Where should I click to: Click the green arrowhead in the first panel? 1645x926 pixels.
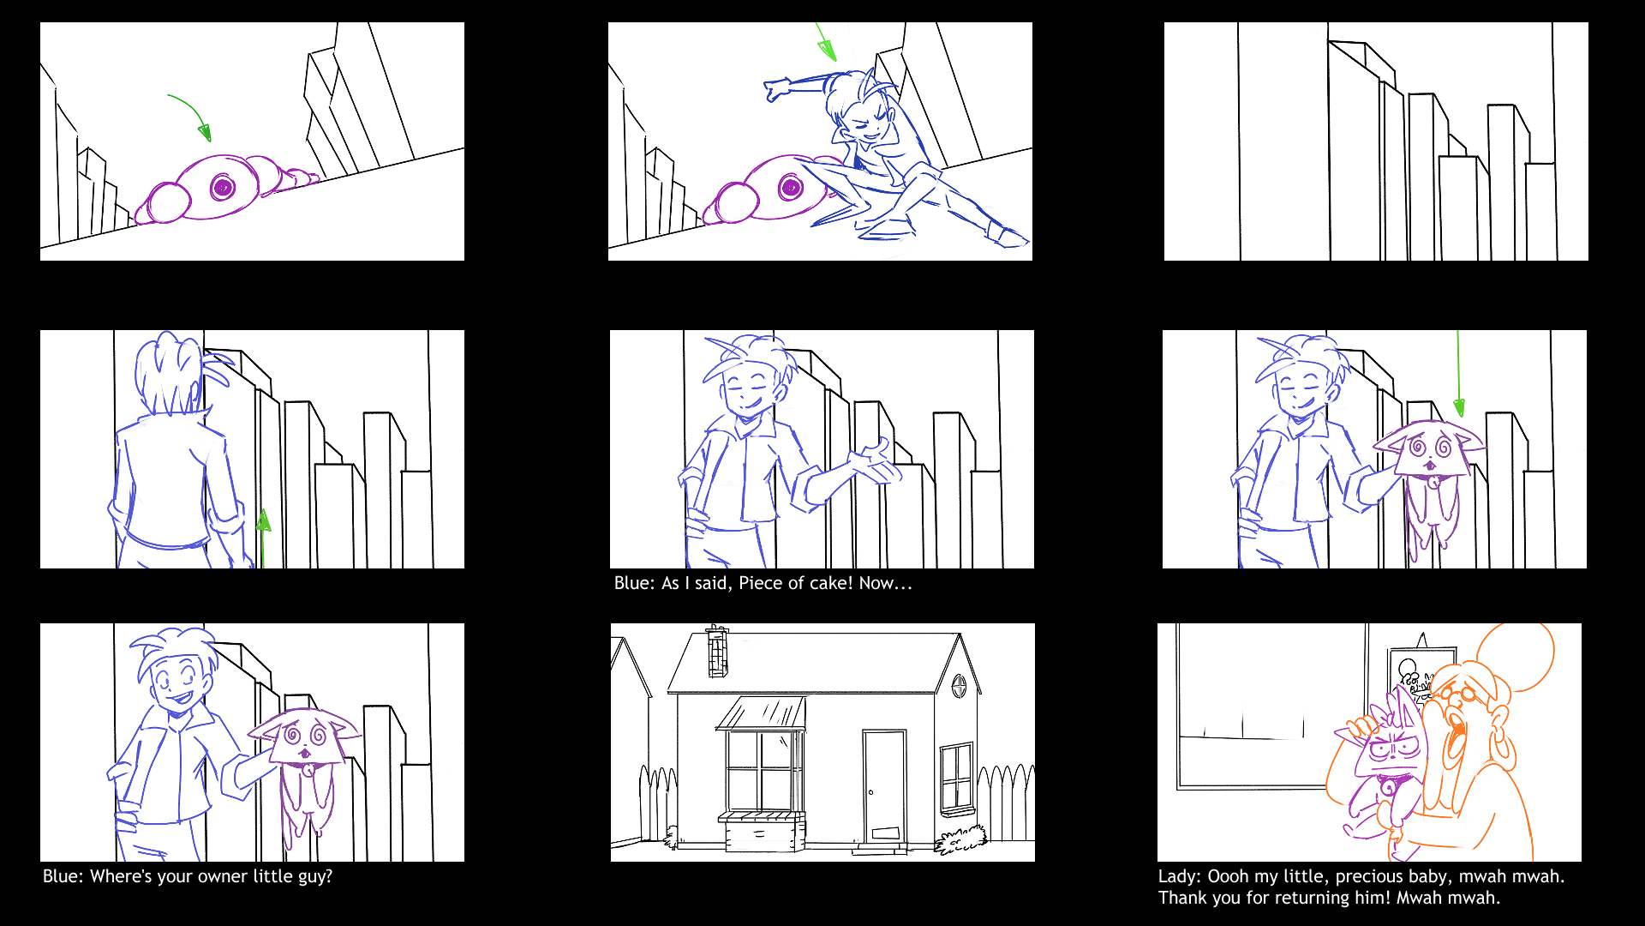[x=204, y=131]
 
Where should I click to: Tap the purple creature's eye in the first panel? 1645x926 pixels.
[x=222, y=187]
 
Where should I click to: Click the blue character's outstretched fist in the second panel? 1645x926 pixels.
[x=777, y=88]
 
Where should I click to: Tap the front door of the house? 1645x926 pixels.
[x=884, y=787]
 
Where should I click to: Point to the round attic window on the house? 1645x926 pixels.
[x=960, y=685]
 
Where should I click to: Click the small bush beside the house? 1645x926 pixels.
[x=960, y=841]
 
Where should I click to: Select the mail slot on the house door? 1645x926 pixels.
[x=885, y=833]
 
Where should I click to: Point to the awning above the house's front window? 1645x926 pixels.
[x=761, y=713]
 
